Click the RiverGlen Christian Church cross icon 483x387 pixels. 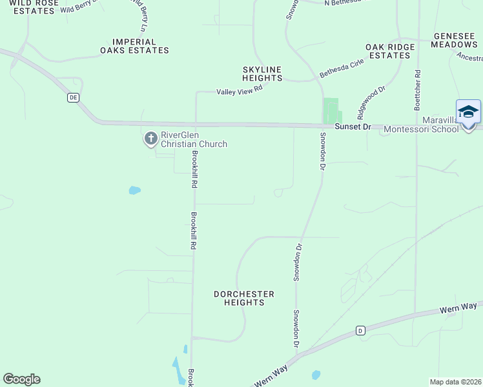[x=150, y=138]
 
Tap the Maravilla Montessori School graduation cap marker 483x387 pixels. [x=468, y=113]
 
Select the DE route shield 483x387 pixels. [x=73, y=97]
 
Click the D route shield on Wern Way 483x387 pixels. [x=360, y=330]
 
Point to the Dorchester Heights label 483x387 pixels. [x=244, y=298]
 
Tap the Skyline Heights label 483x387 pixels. [x=262, y=74]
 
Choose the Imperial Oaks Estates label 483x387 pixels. [x=134, y=46]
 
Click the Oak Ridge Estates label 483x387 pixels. [x=388, y=52]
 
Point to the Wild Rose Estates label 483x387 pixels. [x=31, y=7]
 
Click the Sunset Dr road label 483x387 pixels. [x=353, y=128]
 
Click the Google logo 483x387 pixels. [x=21, y=379]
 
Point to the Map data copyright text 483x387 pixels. [x=456, y=382]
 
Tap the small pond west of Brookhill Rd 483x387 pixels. [x=134, y=190]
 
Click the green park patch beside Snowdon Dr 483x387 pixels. [x=331, y=110]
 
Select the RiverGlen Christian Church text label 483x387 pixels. [x=194, y=139]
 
